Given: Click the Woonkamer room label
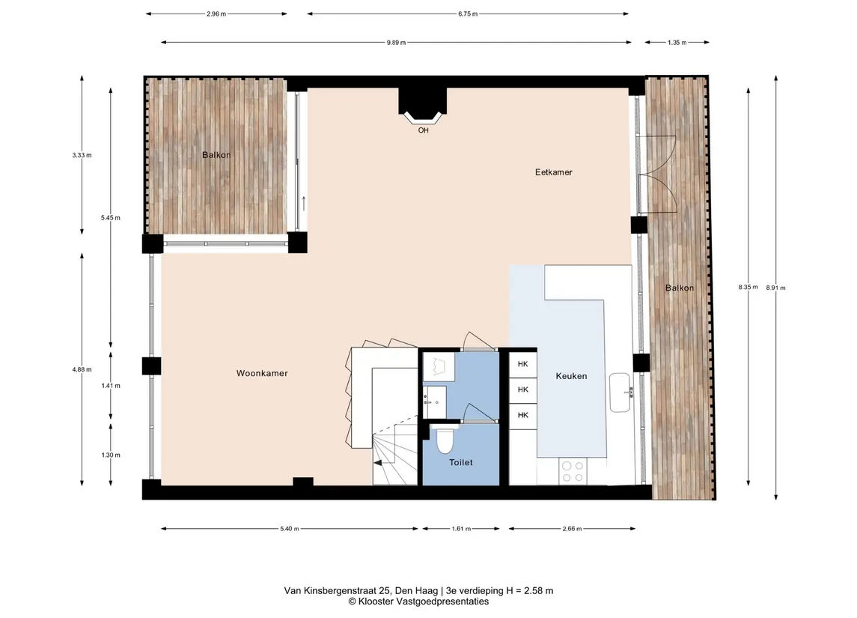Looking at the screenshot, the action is pyautogui.click(x=262, y=373).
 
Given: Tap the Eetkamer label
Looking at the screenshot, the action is pyautogui.click(x=554, y=172).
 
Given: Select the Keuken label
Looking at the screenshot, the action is pyautogui.click(x=571, y=376).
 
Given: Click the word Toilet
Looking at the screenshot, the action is pyautogui.click(x=461, y=462).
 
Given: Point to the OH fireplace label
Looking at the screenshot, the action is pyautogui.click(x=423, y=130).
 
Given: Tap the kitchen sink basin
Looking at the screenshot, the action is pyautogui.click(x=620, y=392).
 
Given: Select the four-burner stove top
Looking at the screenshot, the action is pyautogui.click(x=573, y=471).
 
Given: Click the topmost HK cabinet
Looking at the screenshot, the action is pyautogui.click(x=523, y=364).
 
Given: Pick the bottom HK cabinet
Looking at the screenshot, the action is pyautogui.click(x=523, y=415).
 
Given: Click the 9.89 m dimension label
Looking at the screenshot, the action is pyautogui.click(x=396, y=42).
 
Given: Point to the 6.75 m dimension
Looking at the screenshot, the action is pyautogui.click(x=468, y=13).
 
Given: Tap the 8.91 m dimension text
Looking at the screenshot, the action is pyautogui.click(x=775, y=287).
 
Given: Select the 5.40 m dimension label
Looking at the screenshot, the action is pyautogui.click(x=290, y=528).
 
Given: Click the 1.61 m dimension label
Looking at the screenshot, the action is pyautogui.click(x=461, y=528).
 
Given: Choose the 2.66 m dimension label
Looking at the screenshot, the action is pyautogui.click(x=573, y=528).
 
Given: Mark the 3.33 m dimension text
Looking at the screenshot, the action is pyautogui.click(x=82, y=155).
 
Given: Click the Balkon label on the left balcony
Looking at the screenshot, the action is pyautogui.click(x=216, y=155).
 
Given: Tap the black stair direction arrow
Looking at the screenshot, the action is pyautogui.click(x=378, y=463).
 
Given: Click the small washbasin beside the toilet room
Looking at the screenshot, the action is pyautogui.click(x=435, y=402).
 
